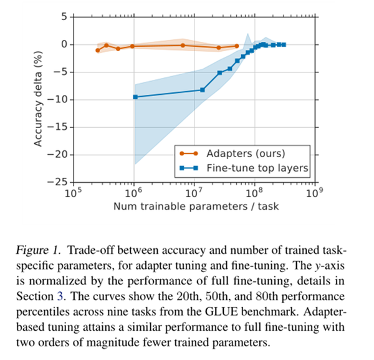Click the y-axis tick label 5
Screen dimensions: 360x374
click(x=65, y=16)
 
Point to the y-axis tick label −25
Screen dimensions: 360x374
click(x=59, y=182)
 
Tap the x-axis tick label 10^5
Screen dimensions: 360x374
click(x=73, y=193)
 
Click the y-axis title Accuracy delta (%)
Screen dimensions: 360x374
click(x=38, y=99)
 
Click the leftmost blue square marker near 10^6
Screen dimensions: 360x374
click(x=135, y=97)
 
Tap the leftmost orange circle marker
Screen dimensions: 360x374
click(x=97, y=51)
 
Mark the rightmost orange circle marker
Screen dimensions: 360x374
click(x=237, y=46)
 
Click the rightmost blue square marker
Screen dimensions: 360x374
click(x=284, y=44)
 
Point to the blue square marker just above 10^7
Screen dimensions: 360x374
click(x=202, y=90)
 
